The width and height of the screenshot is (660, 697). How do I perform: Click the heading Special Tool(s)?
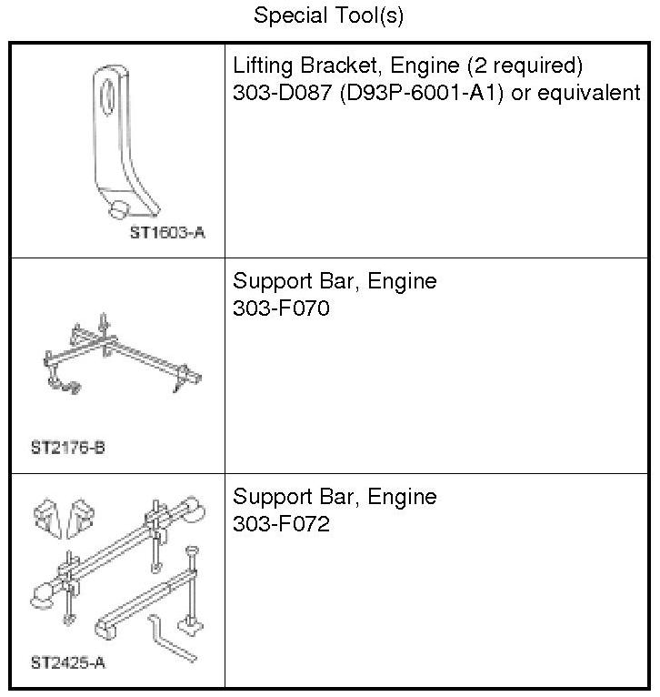click(329, 15)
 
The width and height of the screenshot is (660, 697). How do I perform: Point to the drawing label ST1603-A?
click(166, 233)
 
